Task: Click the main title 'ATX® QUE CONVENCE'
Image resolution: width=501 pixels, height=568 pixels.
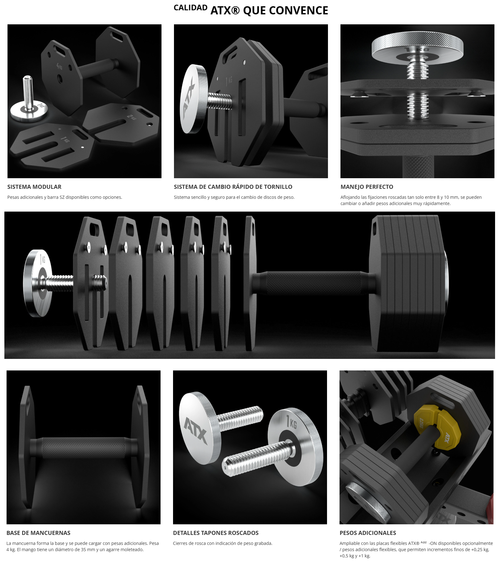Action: click(269, 11)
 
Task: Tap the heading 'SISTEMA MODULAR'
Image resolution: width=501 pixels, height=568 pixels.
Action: click(34, 187)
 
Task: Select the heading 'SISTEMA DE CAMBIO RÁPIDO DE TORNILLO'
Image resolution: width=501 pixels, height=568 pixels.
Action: click(233, 187)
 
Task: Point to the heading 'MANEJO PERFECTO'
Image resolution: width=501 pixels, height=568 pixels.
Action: click(367, 187)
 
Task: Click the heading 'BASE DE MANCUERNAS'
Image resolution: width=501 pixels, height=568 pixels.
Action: click(38, 533)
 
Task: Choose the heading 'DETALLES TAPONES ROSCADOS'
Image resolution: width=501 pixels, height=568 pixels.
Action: click(216, 533)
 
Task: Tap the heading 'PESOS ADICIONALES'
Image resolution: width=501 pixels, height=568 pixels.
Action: click(368, 533)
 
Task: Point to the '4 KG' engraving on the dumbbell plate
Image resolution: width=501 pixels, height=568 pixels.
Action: click(59, 66)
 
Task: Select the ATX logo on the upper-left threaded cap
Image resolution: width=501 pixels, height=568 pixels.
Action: click(195, 430)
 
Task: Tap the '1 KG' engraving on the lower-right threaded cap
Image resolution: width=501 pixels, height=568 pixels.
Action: click(292, 422)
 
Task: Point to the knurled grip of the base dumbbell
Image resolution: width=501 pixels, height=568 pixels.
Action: click(84, 448)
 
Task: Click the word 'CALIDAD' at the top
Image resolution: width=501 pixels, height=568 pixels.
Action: click(191, 8)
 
